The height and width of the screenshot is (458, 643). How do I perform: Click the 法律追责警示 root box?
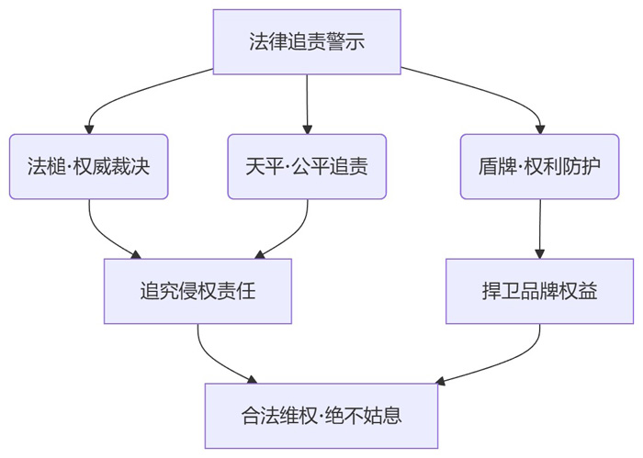[307, 42]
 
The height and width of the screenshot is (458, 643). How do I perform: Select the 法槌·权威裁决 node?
[88, 167]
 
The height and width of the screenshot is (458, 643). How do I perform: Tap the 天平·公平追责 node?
[307, 167]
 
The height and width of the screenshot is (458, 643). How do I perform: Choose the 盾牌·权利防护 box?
[539, 167]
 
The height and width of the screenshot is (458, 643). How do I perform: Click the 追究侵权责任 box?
[197, 292]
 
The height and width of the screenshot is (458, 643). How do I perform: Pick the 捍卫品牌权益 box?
[539, 292]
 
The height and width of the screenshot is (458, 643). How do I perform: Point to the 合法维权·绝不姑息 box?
[321, 416]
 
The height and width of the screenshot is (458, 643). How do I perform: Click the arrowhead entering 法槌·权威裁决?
[89, 128]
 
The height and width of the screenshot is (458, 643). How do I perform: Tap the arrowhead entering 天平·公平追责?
[307, 128]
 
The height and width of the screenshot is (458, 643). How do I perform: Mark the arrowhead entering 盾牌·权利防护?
[539, 128]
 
